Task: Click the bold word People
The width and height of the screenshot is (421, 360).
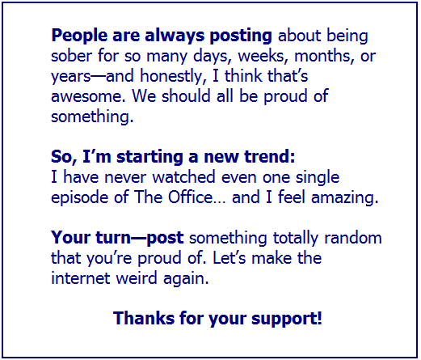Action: (x=79, y=36)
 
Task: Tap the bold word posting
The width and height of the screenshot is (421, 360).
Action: (x=241, y=36)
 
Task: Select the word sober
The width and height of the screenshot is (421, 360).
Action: (x=71, y=56)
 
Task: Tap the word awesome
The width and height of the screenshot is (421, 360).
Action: (x=88, y=96)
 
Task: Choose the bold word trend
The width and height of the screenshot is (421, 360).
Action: (x=270, y=157)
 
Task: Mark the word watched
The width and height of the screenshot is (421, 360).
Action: (x=184, y=177)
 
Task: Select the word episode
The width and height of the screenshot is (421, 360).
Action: (x=79, y=197)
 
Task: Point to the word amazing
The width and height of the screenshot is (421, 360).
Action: (x=345, y=197)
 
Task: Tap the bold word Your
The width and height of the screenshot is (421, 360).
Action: (x=71, y=238)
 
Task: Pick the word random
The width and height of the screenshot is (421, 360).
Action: (x=353, y=238)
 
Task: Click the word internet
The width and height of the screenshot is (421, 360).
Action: (x=81, y=278)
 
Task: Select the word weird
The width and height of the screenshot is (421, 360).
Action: (x=137, y=278)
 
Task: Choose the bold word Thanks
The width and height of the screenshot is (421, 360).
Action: (x=144, y=318)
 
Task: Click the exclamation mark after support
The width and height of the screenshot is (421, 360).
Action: (x=319, y=318)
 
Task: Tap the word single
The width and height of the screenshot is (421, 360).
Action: (x=318, y=178)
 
